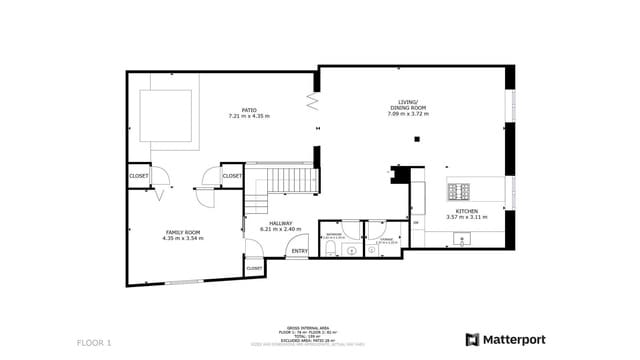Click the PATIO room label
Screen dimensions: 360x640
249,110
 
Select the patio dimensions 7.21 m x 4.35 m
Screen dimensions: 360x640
249,117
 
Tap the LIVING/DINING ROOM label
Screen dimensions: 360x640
407,107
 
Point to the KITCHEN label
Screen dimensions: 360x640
467,211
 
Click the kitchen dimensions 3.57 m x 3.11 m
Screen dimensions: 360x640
467,217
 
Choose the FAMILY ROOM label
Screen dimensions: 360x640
182,232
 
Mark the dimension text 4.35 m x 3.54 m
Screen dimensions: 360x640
182,239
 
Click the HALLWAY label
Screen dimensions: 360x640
280,223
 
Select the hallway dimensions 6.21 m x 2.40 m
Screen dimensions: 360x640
280,229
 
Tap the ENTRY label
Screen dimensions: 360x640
299,251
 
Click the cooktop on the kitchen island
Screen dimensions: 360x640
461,190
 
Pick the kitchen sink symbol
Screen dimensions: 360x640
462,238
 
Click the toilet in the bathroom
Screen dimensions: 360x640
331,250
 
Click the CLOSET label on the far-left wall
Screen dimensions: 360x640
139,176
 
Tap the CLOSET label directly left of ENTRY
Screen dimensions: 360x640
254,268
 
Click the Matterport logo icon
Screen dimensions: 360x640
471,339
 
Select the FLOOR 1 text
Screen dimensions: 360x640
94,343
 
